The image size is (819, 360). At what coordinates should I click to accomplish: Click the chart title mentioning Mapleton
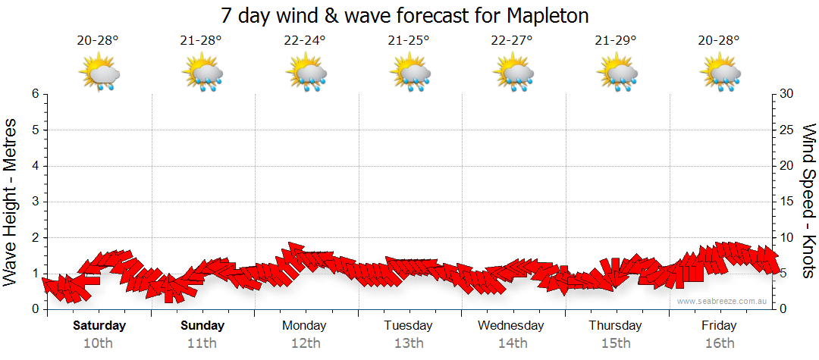pos(405,15)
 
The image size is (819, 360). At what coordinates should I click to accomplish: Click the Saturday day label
pos(99,326)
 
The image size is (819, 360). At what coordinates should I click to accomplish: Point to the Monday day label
pos(304,326)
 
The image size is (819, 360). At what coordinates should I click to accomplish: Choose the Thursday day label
pos(615,326)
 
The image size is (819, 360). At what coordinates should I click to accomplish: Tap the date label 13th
pos(408,343)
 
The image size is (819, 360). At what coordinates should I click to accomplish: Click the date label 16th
pos(719,343)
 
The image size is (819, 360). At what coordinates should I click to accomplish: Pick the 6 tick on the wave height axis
pos(35,94)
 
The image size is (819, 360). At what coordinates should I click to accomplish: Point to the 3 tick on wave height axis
pos(35,202)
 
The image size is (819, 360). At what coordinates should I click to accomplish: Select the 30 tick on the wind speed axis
pos(787,94)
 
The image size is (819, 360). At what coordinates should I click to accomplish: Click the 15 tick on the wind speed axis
pos(787,202)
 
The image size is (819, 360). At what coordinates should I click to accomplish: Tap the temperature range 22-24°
pos(305,40)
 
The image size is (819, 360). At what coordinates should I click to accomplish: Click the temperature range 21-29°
pos(616,40)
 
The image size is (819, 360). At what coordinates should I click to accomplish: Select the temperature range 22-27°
pos(512,40)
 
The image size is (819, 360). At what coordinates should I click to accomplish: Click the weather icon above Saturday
pos(99,74)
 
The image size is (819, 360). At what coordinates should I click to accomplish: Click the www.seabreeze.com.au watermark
pos(723,301)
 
